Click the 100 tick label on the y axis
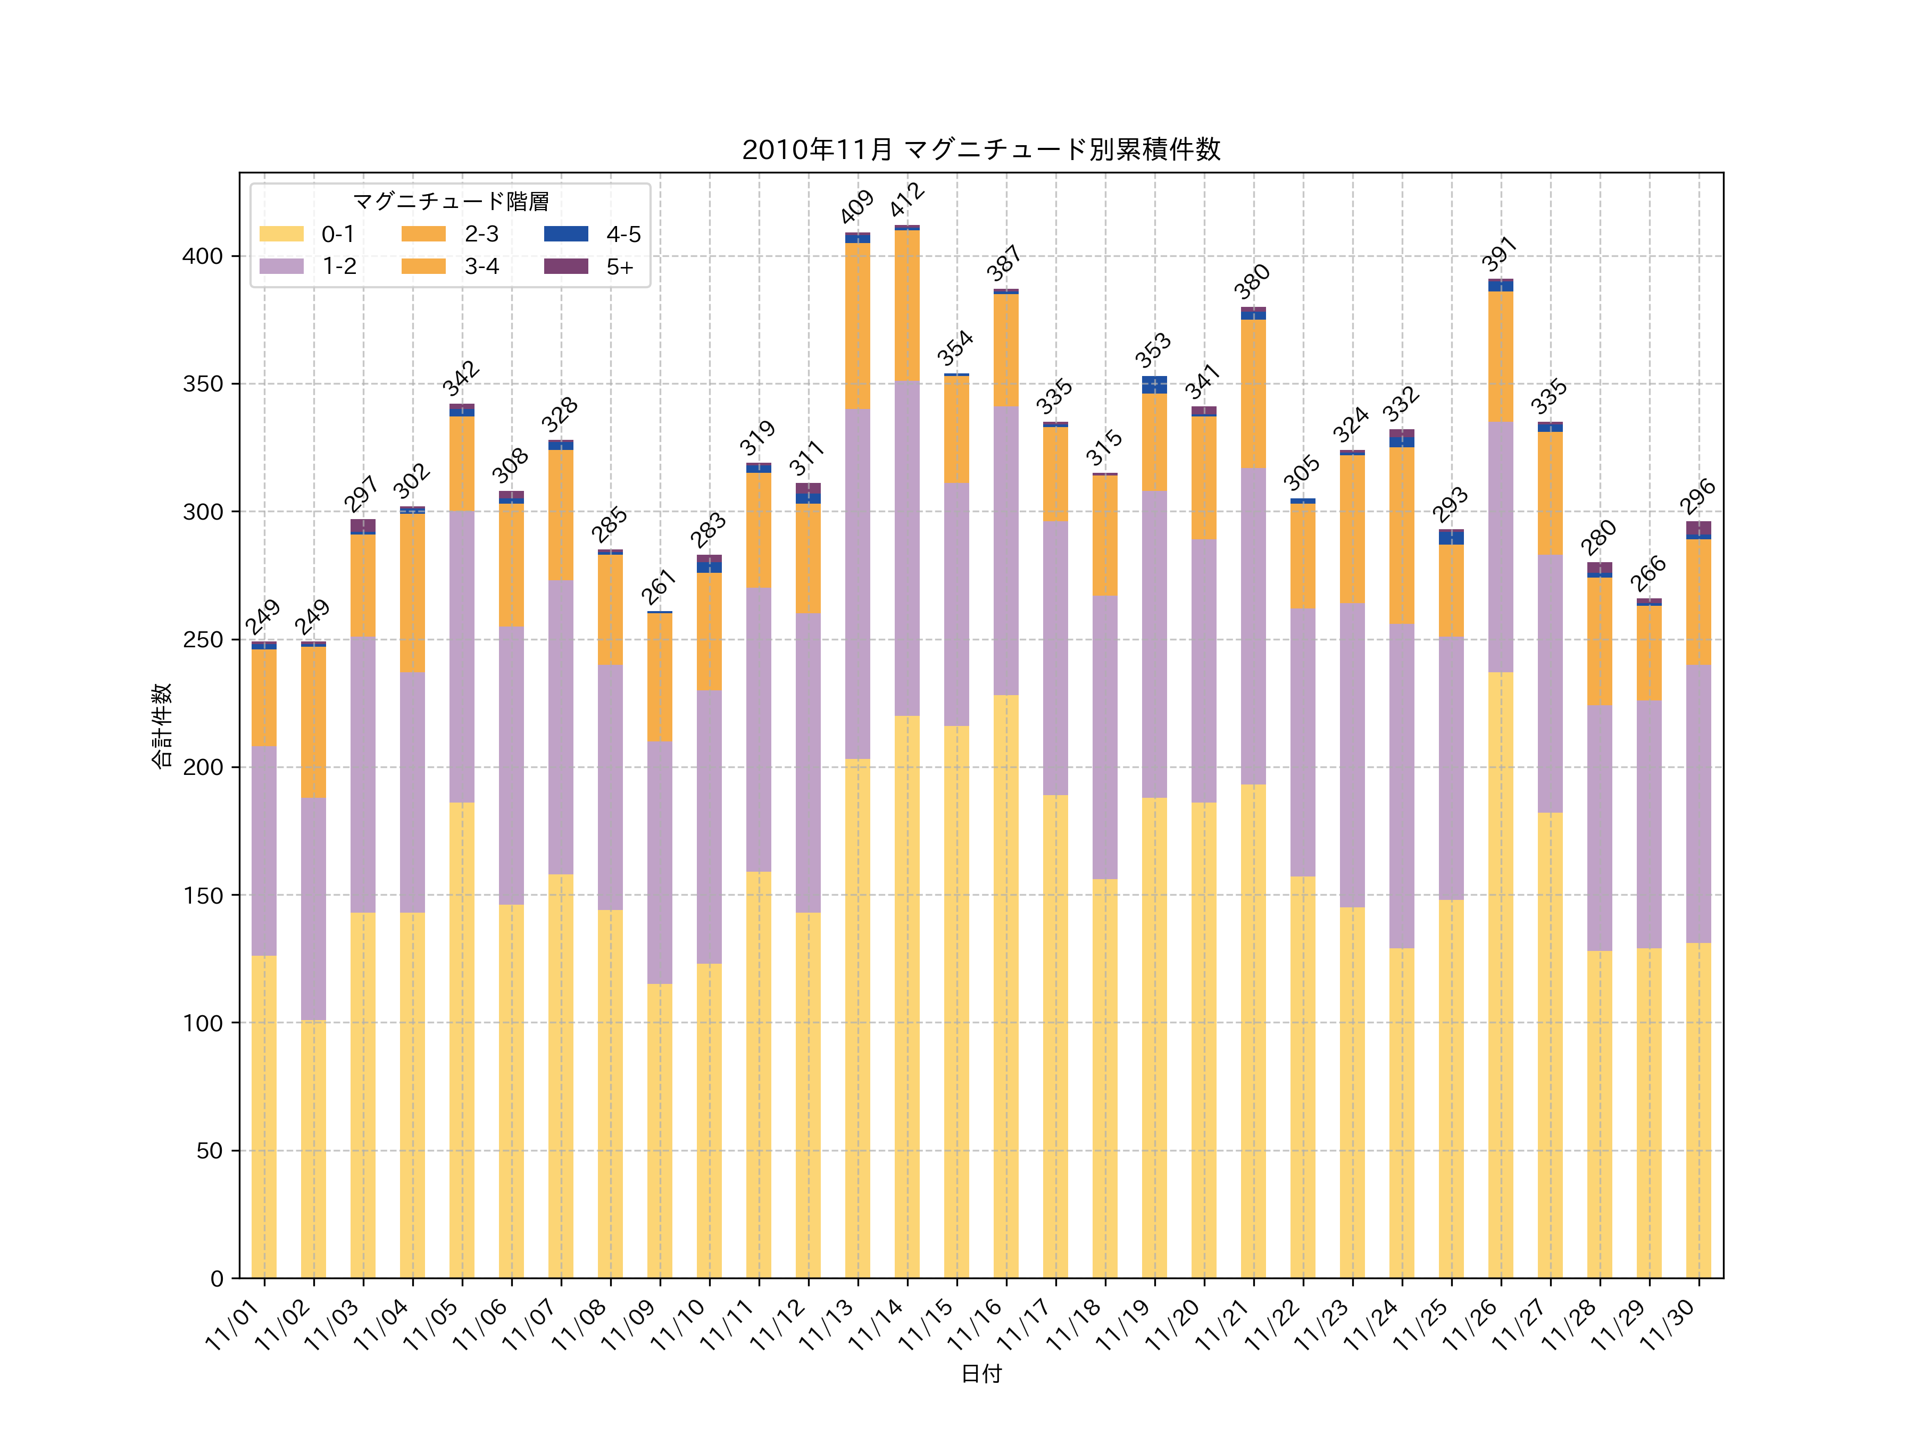click(x=203, y=1023)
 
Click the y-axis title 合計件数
click(x=162, y=725)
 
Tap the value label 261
click(x=659, y=587)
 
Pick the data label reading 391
click(x=1500, y=254)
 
